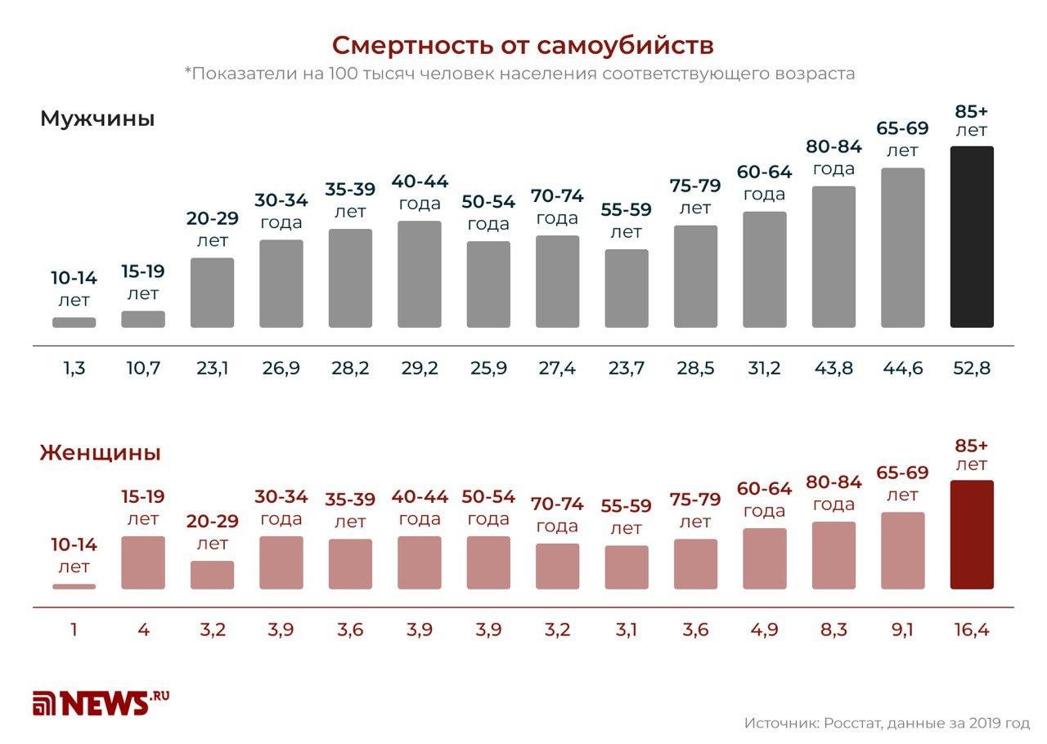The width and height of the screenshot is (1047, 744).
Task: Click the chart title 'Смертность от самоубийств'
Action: coord(523,43)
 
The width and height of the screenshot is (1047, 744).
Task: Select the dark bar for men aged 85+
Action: coord(972,237)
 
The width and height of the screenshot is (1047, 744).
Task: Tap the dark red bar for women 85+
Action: coord(972,535)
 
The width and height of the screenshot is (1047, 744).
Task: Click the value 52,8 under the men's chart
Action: coord(972,369)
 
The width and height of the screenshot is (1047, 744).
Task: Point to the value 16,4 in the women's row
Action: coord(972,630)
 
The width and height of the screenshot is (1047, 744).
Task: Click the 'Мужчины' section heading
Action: coord(97,119)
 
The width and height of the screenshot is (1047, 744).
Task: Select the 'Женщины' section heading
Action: coord(100,453)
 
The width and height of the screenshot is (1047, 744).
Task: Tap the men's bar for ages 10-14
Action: coord(74,323)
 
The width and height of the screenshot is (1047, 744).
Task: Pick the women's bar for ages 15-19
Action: coord(143,562)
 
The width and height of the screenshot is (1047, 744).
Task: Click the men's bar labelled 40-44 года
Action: coord(419,274)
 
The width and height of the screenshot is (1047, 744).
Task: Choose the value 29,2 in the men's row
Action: coord(419,369)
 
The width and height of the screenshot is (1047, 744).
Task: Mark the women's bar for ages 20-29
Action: coord(212,575)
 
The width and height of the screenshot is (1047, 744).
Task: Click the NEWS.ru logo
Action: coord(101,702)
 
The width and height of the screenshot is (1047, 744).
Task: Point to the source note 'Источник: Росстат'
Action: coord(887,724)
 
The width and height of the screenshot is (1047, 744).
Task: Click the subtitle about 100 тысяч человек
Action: coord(519,74)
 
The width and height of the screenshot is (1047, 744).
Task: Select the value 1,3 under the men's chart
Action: coord(74,369)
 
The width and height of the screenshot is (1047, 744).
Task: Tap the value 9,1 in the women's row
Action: coord(903,630)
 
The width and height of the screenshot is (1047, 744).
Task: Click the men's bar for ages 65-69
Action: coord(903,248)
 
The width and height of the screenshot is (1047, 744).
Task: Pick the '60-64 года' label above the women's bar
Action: coord(764,500)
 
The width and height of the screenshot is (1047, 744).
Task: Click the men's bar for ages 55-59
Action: coord(627,289)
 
